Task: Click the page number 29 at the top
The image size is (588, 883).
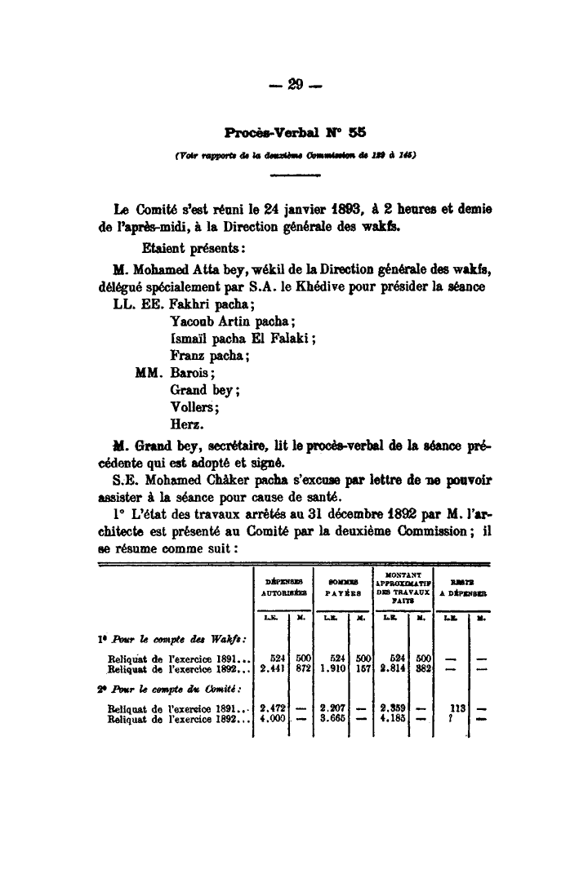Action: [295, 85]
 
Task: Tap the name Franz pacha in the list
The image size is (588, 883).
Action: [209, 356]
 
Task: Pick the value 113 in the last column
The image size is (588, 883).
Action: [457, 708]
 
